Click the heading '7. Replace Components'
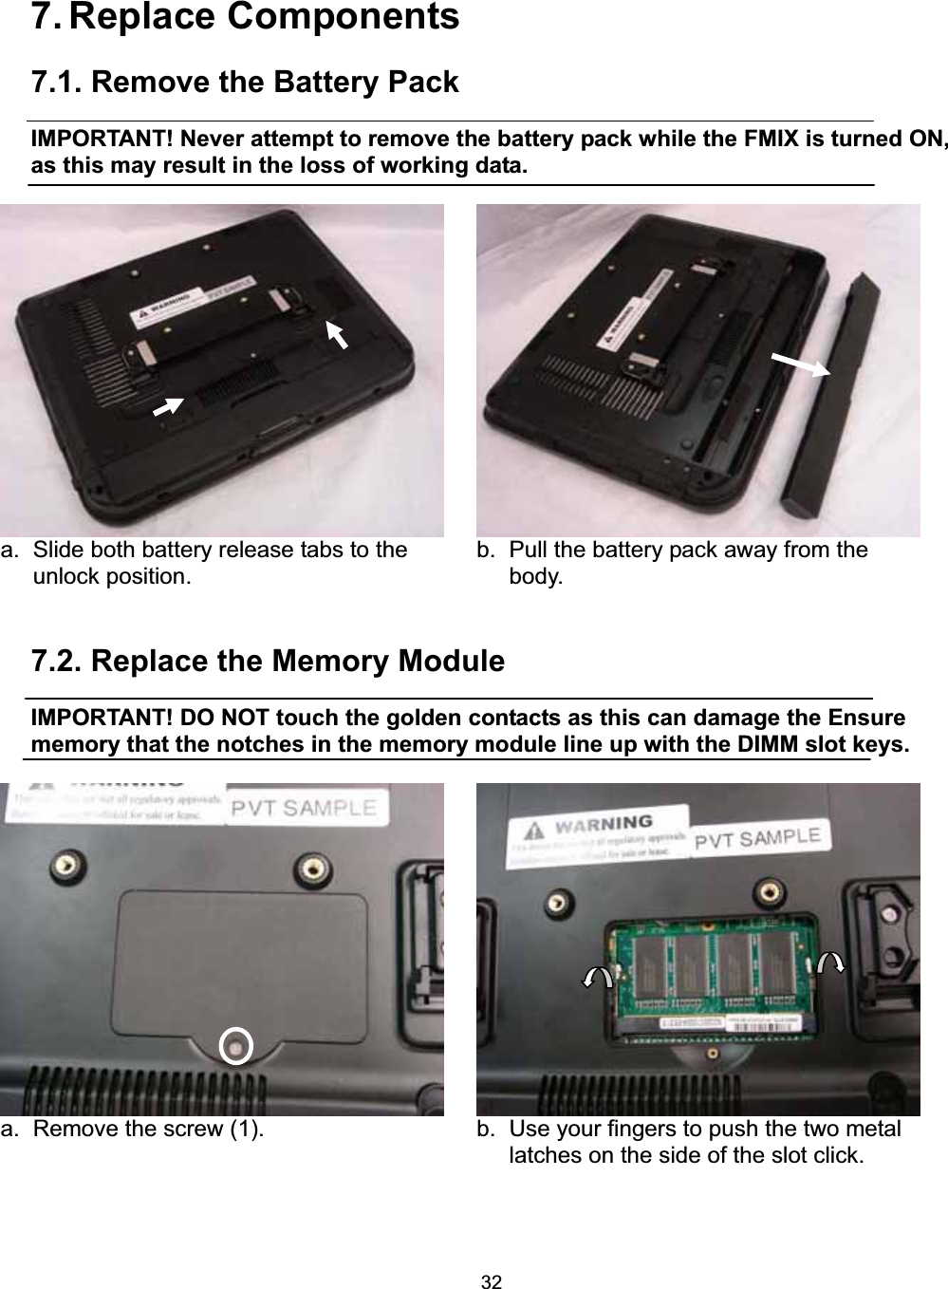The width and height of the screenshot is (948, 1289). [x=246, y=18]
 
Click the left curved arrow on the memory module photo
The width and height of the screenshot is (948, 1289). [x=598, y=978]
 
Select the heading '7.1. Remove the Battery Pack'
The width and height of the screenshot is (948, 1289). [x=246, y=84]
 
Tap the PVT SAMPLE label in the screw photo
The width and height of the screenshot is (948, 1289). [x=305, y=810]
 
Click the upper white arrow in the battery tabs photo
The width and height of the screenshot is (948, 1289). [x=337, y=335]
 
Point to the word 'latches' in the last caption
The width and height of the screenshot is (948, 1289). [x=542, y=1155]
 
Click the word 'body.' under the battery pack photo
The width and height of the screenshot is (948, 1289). [x=535, y=575]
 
